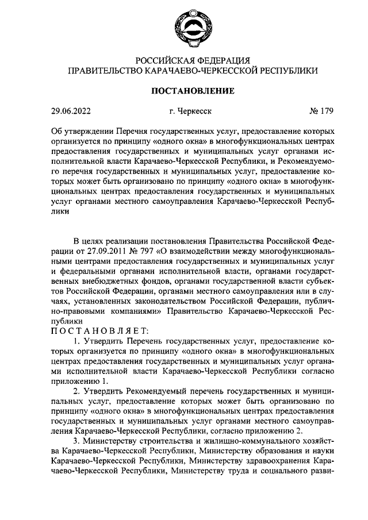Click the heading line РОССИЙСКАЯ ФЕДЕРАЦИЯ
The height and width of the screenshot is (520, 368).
pos(192,60)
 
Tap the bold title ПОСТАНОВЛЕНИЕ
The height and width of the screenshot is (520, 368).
pos(192,90)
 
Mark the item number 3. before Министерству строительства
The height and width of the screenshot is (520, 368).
pos(78,440)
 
